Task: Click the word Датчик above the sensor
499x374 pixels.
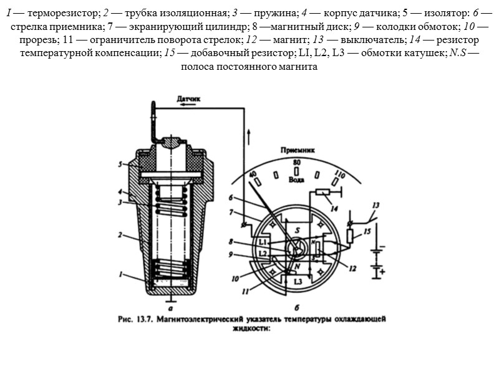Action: point(190,98)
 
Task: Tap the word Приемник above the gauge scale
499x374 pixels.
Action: point(296,150)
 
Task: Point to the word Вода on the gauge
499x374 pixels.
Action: point(296,179)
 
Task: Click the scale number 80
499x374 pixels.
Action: point(296,163)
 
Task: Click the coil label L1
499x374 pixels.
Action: point(263,241)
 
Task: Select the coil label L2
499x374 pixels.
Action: point(263,254)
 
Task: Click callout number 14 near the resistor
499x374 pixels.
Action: point(334,208)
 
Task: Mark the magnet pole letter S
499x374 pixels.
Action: point(298,229)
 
